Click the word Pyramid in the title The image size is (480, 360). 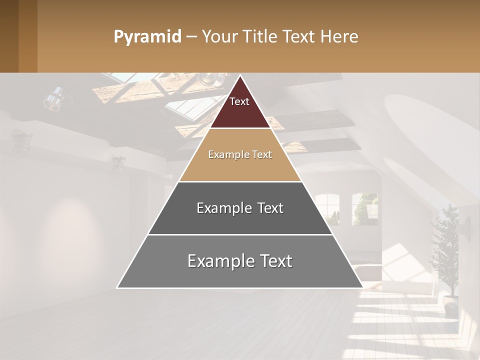click(147, 37)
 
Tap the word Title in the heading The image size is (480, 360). click(260, 37)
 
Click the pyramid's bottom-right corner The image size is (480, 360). click(362, 287)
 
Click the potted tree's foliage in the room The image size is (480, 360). click(445, 250)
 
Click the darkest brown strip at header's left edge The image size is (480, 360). click(9, 36)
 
